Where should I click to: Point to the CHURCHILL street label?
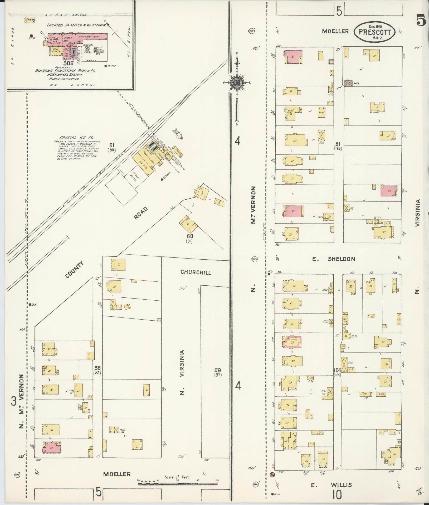(x=196, y=272)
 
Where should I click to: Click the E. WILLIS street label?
(x=331, y=485)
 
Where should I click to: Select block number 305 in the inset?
(x=68, y=63)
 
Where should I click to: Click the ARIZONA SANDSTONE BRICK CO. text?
(x=66, y=71)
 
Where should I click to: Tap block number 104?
(x=337, y=370)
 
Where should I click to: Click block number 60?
(x=190, y=236)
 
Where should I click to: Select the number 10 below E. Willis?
(x=337, y=495)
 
